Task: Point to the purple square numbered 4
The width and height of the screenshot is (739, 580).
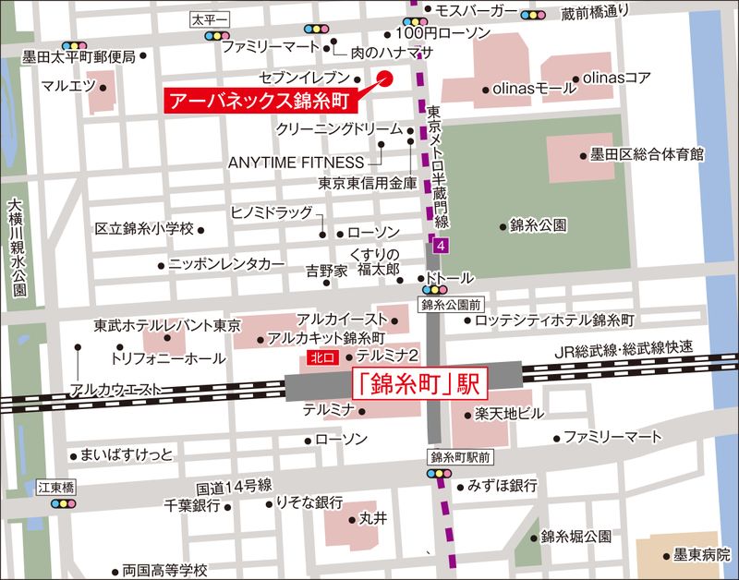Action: tap(442, 245)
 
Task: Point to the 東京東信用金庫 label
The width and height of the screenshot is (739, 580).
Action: tap(367, 183)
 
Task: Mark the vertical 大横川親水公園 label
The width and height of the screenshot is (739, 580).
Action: tap(16, 249)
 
